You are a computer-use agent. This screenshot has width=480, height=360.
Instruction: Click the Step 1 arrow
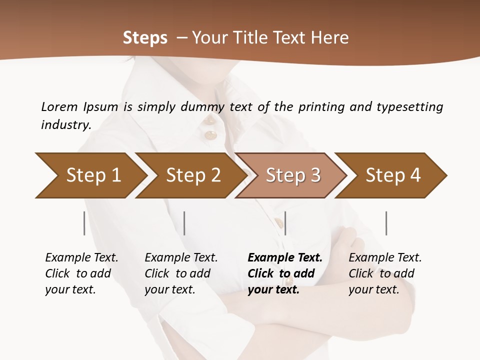[x=90, y=175]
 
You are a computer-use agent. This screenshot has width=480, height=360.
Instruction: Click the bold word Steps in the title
[x=145, y=37]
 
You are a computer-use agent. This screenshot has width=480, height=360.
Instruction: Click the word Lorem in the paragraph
[x=59, y=106]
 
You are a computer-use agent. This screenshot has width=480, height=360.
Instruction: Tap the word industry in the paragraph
[x=66, y=125]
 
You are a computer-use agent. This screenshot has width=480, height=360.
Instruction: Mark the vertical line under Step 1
[x=84, y=223]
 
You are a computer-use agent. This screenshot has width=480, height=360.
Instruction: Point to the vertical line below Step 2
[x=184, y=223]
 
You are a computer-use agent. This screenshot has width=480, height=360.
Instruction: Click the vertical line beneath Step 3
[x=285, y=223]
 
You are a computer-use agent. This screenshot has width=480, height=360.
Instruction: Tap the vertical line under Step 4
[x=386, y=223]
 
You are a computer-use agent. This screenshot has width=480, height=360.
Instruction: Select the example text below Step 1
[x=81, y=273]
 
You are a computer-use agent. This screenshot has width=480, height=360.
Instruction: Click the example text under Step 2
[x=181, y=273]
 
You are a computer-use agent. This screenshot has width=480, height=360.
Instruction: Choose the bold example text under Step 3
[x=285, y=273]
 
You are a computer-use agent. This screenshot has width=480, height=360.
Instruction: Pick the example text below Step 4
[x=385, y=273]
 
